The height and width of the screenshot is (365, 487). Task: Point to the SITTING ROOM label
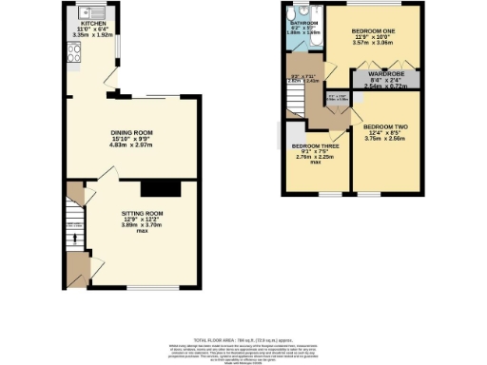click(x=142, y=214)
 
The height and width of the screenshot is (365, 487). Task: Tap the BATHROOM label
click(x=303, y=21)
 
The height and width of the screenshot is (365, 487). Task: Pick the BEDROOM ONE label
click(x=373, y=31)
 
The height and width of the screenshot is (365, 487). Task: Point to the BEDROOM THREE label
click(x=314, y=146)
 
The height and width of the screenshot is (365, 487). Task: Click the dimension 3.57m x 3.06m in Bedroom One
click(x=373, y=44)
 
